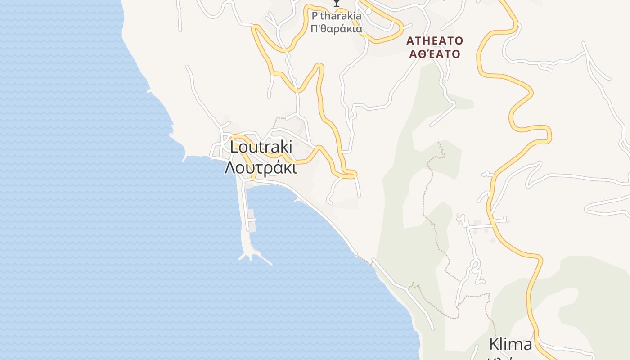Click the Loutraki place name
click(x=261, y=147)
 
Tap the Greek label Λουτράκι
click(x=261, y=168)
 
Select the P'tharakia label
click(x=337, y=16)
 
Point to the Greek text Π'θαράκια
click(x=337, y=29)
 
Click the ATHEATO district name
click(x=434, y=41)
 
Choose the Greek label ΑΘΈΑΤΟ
click(x=434, y=54)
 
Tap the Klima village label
click(x=510, y=345)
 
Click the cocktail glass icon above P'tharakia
click(x=336, y=3)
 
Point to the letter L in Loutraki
click(x=234, y=147)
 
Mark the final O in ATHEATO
click(x=459, y=41)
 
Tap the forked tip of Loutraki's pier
click(x=252, y=257)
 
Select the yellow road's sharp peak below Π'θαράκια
click(x=319, y=67)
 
